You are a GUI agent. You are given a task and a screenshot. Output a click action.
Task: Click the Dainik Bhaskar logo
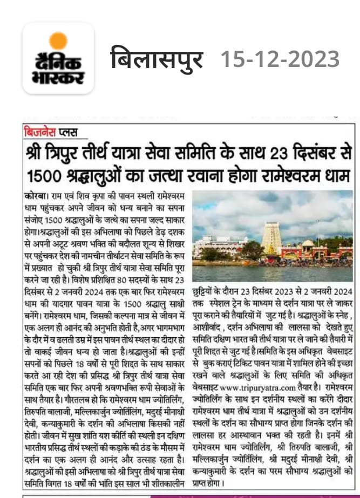58,59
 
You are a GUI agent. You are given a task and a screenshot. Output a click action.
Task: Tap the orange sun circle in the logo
58,42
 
